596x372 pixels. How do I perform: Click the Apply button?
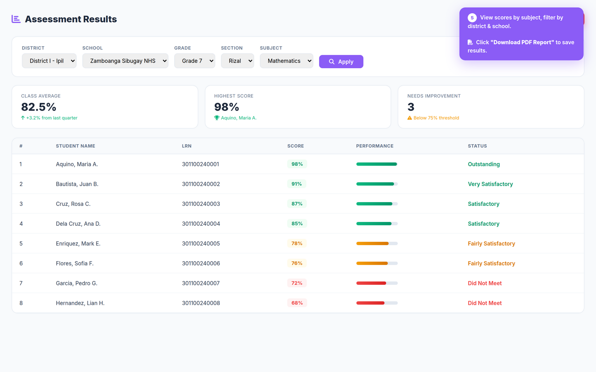(x=341, y=62)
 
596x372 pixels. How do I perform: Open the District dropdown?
(x=49, y=61)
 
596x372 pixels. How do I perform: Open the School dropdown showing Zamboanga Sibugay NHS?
(x=125, y=61)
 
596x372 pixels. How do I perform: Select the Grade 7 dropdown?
(x=195, y=61)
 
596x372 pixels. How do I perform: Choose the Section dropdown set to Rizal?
(x=237, y=61)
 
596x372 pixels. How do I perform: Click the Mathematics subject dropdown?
(x=286, y=61)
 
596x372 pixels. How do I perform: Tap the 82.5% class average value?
(x=38, y=107)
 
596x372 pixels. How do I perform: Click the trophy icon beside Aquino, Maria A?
(x=216, y=118)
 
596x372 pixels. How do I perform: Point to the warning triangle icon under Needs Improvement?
(x=410, y=118)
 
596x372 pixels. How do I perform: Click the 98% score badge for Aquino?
(x=297, y=164)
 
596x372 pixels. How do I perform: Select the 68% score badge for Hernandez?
(x=297, y=303)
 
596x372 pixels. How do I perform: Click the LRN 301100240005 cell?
(x=201, y=243)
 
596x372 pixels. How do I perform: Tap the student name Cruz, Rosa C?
(x=73, y=204)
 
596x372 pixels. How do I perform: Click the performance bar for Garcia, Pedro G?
(x=377, y=283)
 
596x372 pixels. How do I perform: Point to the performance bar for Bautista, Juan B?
(x=377, y=184)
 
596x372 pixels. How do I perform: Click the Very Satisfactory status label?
(x=490, y=184)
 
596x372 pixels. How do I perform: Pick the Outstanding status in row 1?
(x=483, y=164)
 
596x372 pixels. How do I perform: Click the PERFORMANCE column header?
(x=375, y=146)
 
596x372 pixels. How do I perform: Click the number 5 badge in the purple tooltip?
(x=472, y=18)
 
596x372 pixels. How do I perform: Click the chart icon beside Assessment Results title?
(x=16, y=19)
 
